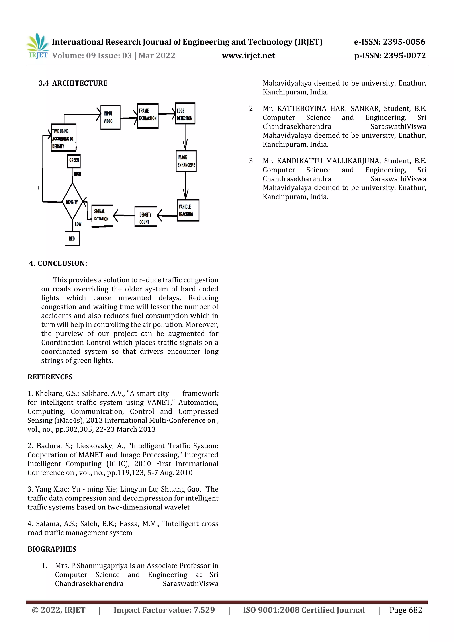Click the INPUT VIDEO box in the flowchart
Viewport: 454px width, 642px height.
click(x=110, y=117)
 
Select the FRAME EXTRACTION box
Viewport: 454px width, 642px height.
click(x=148, y=115)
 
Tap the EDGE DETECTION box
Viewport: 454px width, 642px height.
click(x=185, y=113)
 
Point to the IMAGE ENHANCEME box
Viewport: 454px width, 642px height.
click(x=186, y=161)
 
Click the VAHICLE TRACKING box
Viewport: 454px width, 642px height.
click(x=188, y=210)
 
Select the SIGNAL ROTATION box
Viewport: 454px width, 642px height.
click(x=102, y=216)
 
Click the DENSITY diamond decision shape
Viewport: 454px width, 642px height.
click(x=72, y=202)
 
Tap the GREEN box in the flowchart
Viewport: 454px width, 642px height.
click(x=74, y=161)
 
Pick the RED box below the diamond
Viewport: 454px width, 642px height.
click(x=72, y=238)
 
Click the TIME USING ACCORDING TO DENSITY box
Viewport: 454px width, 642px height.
click(x=63, y=138)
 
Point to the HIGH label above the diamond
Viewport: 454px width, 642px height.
click(x=78, y=174)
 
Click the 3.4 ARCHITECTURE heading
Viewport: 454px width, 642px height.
click(x=73, y=83)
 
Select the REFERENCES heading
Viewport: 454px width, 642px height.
click(x=50, y=377)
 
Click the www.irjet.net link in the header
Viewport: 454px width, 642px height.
click(x=248, y=55)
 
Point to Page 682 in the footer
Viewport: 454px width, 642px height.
click(x=406, y=610)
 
